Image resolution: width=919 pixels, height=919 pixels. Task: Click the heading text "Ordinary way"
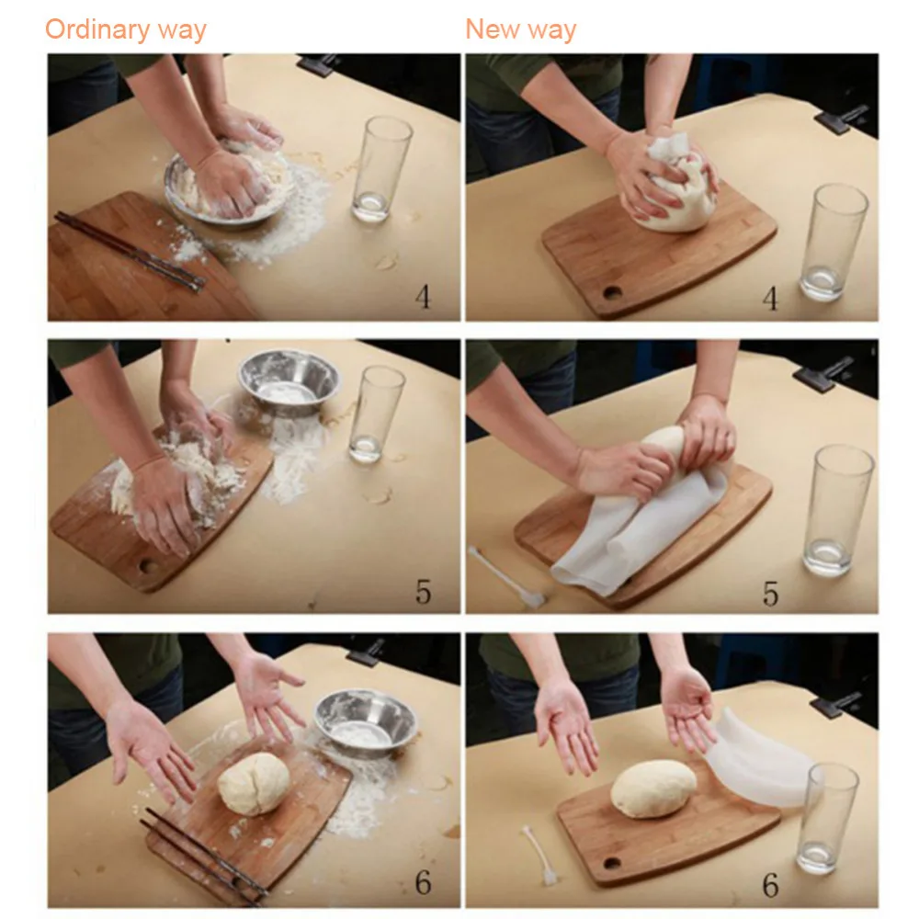(125, 29)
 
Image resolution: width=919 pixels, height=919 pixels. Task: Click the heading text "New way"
(520, 29)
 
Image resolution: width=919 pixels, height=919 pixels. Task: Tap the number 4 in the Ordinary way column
(423, 297)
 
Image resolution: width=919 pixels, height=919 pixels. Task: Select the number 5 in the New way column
(771, 593)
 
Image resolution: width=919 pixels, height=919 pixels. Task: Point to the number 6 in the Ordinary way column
(423, 882)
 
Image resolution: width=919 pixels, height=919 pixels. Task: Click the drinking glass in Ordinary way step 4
(381, 169)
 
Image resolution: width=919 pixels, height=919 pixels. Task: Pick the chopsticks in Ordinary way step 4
(130, 252)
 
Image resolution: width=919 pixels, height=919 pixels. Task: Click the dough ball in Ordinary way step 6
(254, 784)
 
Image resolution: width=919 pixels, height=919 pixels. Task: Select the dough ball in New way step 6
(653, 789)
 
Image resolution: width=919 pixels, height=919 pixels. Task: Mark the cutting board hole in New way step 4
(612, 291)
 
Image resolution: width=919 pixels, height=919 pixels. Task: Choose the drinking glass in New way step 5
(837, 509)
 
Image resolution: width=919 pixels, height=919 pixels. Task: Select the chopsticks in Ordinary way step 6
(202, 856)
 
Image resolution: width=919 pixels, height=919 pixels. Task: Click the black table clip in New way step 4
(841, 119)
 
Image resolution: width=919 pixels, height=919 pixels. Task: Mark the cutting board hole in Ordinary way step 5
(147, 567)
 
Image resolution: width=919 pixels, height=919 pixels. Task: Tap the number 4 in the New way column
(770, 299)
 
